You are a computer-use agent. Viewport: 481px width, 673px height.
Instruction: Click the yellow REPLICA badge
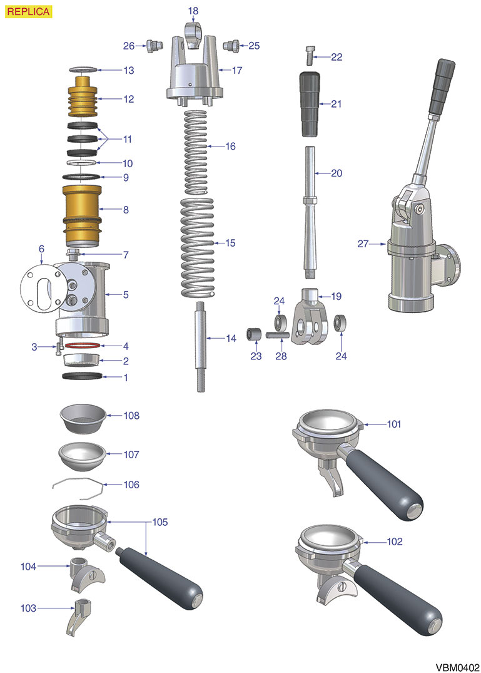[x=28, y=12]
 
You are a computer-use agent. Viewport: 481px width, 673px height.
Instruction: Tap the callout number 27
[x=363, y=244]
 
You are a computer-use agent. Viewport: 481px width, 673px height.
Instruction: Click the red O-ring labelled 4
[x=83, y=346]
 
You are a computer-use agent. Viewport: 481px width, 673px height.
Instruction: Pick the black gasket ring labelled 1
[x=83, y=376]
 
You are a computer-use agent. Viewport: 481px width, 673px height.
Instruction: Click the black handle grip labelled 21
[x=310, y=105]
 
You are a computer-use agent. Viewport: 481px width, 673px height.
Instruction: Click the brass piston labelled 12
[x=83, y=96]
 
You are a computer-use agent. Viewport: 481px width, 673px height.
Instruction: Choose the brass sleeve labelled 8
[x=83, y=216]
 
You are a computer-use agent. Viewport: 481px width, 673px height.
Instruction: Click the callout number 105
[x=160, y=522]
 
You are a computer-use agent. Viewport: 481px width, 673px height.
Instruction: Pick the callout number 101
[x=394, y=424]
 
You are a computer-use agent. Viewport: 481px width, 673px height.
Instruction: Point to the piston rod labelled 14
[x=200, y=346]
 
